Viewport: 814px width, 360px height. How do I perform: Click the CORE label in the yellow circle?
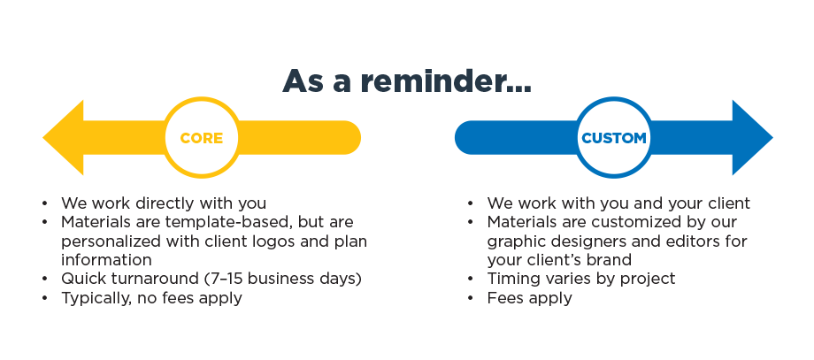pos(202,138)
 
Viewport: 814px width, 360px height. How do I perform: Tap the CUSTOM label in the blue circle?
pos(614,138)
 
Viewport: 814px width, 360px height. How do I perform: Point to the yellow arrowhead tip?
pos(43,137)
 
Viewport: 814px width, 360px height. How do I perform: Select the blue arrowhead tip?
pos(772,137)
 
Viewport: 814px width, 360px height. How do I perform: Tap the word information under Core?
pos(106,259)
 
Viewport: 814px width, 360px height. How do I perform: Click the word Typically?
pos(96,298)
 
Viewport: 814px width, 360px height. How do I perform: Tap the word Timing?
pos(511,280)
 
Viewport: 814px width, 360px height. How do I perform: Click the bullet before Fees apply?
pos(471,299)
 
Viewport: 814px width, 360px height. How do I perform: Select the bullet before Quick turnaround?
pos(45,280)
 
